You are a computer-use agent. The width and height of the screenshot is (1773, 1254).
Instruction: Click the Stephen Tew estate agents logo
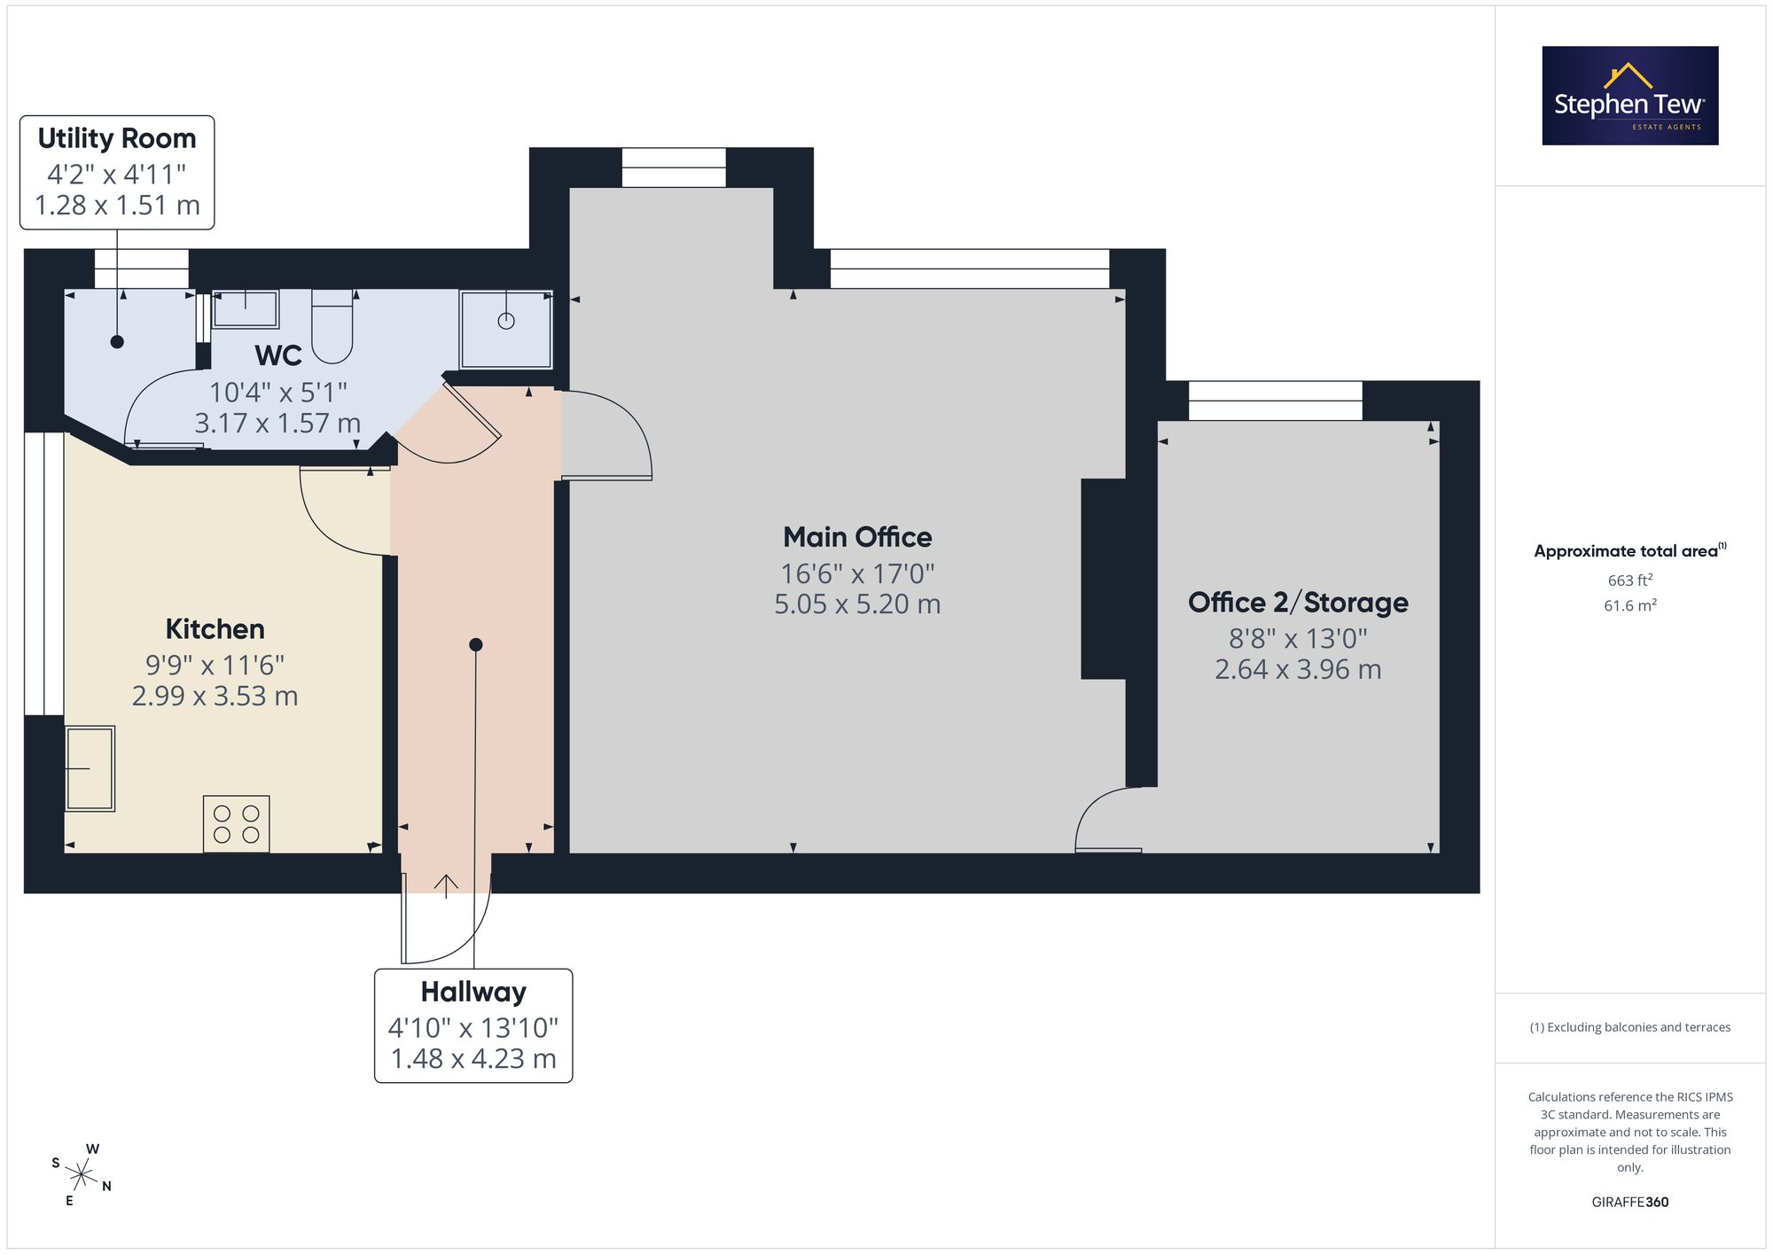pyautogui.click(x=1630, y=96)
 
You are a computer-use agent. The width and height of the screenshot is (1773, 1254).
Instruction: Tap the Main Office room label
pyautogui.click(x=857, y=537)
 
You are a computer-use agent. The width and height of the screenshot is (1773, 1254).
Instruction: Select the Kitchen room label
pyautogui.click(x=215, y=629)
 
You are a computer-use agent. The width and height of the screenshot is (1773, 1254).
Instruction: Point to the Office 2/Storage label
pyautogui.click(x=1298, y=603)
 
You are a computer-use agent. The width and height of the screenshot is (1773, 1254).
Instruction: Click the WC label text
pyautogui.click(x=278, y=355)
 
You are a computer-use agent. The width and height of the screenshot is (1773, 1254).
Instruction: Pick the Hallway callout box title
pyautogui.click(x=473, y=992)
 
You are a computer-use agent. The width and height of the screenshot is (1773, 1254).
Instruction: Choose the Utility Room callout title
pyautogui.click(x=117, y=138)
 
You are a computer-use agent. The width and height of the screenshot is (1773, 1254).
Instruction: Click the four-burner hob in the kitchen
pyautogui.click(x=237, y=824)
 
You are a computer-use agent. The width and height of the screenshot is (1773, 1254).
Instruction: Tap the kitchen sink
pyautogui.click(x=90, y=768)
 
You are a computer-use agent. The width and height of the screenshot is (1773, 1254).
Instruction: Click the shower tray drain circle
pyautogui.click(x=506, y=321)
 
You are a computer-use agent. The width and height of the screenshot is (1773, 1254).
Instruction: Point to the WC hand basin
pyautogui.click(x=246, y=309)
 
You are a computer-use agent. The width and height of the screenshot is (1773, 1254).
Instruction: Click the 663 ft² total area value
pyautogui.click(x=1630, y=580)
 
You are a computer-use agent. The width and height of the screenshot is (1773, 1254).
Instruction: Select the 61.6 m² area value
pyautogui.click(x=1630, y=605)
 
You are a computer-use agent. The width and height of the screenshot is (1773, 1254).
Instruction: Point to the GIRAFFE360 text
pyautogui.click(x=1630, y=1203)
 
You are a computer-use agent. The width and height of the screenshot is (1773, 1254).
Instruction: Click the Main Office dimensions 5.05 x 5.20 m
pyautogui.click(x=857, y=604)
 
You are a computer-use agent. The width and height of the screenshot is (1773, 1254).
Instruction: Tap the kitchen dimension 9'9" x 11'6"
pyautogui.click(x=215, y=665)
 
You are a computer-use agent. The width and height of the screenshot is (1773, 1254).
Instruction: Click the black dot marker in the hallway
pyautogui.click(x=476, y=644)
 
